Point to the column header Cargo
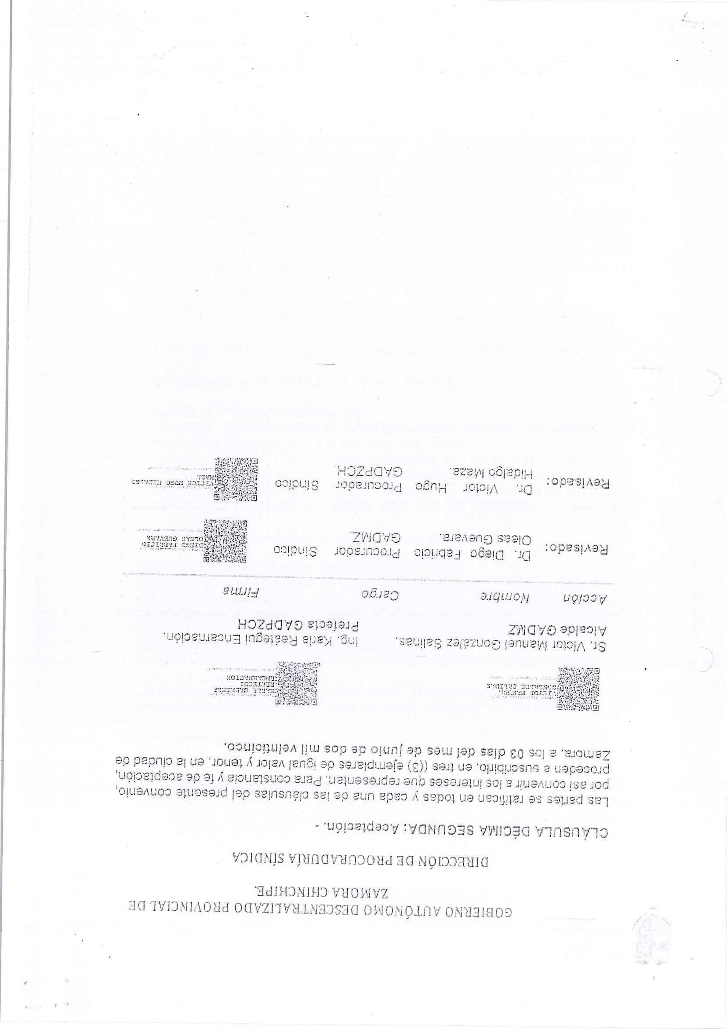click(x=380, y=595)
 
